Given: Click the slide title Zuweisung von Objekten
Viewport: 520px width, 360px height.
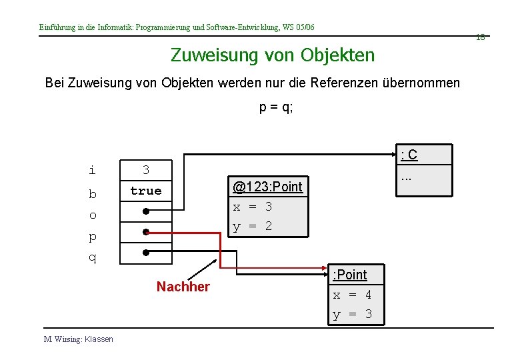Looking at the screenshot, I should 273,55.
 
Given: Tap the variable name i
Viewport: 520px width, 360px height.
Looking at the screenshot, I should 92,170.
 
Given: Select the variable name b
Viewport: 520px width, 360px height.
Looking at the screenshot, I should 93,194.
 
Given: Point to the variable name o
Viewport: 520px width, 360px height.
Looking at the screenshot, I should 93,215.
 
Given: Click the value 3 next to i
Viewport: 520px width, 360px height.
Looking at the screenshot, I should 146,170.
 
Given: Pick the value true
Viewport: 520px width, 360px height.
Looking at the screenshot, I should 146,191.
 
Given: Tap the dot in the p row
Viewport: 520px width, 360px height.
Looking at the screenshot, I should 145,233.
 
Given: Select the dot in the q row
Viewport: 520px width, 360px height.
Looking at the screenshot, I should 145,253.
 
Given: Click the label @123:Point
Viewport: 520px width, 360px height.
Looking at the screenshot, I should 267,187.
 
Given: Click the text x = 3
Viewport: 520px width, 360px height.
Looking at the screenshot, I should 253,207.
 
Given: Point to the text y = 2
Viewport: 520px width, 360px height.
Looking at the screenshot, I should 253,226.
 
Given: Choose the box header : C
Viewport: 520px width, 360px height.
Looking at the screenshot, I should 409,155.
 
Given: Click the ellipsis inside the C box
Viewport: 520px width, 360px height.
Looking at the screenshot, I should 406,177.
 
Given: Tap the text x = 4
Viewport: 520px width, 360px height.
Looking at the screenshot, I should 353,295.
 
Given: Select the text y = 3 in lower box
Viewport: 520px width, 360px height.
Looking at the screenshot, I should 353,314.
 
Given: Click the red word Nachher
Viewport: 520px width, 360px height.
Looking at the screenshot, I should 183,287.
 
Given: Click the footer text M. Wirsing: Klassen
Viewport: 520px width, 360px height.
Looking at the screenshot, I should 79,339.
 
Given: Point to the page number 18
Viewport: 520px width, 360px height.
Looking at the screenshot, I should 480,37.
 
